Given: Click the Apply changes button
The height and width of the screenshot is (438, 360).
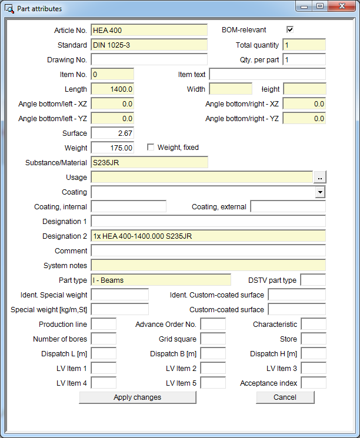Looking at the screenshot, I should pos(137,397).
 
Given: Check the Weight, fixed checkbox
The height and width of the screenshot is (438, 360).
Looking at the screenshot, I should pos(151,148).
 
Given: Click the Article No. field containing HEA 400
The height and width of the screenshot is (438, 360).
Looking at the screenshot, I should pos(149,30).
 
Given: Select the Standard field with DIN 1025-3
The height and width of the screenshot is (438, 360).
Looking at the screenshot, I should pos(149,45).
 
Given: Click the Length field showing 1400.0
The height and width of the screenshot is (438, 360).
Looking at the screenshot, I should pos(112,89).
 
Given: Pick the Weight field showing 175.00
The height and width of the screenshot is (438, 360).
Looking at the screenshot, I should pos(112,148).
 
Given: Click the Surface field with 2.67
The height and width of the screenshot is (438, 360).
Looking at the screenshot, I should pos(112,133).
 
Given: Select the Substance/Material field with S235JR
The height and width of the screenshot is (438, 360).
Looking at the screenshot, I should pos(149,162).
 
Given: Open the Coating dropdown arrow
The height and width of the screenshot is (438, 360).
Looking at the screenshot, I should pos(319,192).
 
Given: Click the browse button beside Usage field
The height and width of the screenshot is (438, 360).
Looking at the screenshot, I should pos(319,177).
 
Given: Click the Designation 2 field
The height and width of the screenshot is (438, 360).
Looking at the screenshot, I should pos(208,236).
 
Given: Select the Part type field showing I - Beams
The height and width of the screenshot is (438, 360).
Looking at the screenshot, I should pos(161,280).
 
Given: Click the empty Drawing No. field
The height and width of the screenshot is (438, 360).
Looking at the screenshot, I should pos(149,59).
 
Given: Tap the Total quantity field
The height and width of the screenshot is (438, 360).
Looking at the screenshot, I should pos(304,45).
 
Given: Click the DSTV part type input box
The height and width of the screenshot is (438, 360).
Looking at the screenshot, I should pos(313,280).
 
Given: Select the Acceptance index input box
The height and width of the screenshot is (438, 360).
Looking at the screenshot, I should pos(313,383).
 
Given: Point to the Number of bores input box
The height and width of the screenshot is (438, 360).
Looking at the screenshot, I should pos(104,339).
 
